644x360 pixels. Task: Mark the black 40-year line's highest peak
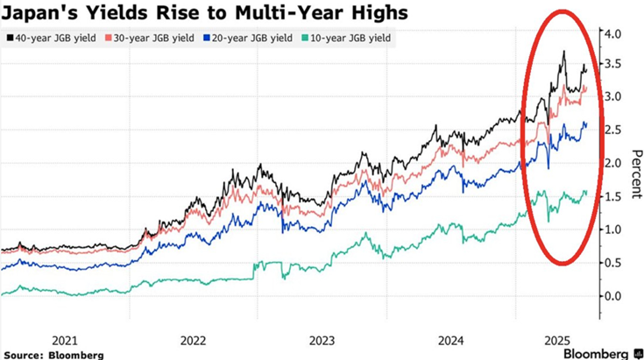point(563,52)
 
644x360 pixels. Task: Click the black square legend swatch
point(10,39)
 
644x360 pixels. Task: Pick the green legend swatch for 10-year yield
point(303,39)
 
